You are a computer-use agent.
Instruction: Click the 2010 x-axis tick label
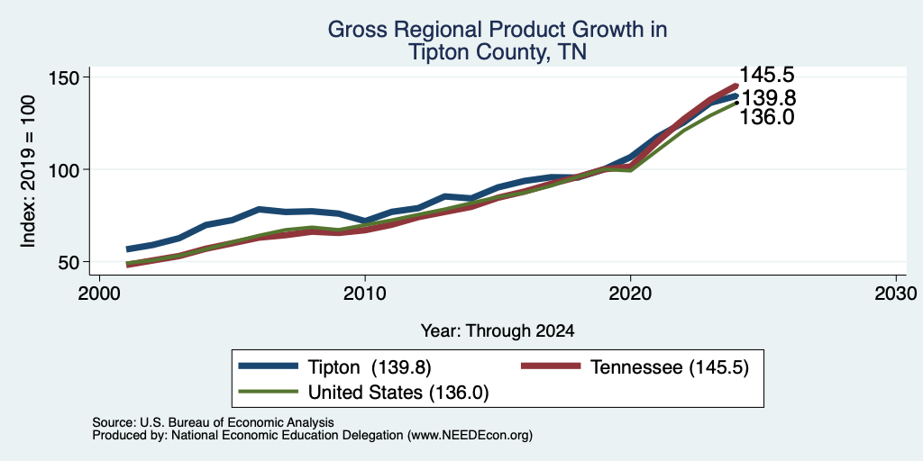click(365, 293)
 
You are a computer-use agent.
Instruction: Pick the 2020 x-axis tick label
click(630, 293)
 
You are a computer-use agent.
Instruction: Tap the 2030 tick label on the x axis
click(896, 293)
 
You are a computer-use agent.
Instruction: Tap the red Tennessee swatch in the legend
click(552, 366)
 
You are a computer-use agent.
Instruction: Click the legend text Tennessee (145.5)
click(670, 367)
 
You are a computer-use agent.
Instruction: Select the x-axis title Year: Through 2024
click(498, 331)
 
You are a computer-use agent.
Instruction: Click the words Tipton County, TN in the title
click(498, 52)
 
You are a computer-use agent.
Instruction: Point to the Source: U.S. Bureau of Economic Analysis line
click(213, 422)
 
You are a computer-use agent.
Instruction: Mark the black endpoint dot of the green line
click(736, 103)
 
